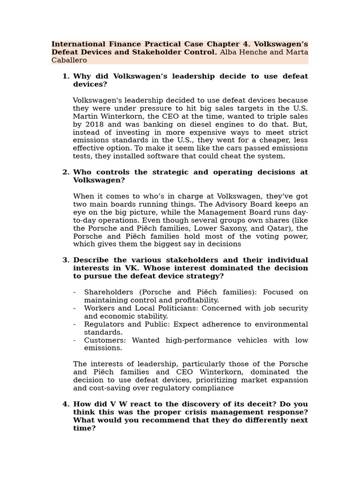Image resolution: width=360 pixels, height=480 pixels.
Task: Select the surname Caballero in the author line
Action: (x=69, y=60)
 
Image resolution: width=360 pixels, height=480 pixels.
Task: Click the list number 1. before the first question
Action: (x=66, y=76)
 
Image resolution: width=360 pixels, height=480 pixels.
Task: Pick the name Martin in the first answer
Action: (x=85, y=116)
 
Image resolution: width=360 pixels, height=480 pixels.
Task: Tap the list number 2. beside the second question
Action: (x=66, y=172)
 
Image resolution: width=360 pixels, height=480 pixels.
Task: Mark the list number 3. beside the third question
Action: (x=66, y=260)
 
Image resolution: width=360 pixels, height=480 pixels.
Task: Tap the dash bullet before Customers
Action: (x=75, y=340)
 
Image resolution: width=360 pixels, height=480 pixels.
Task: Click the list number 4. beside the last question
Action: (x=66, y=404)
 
